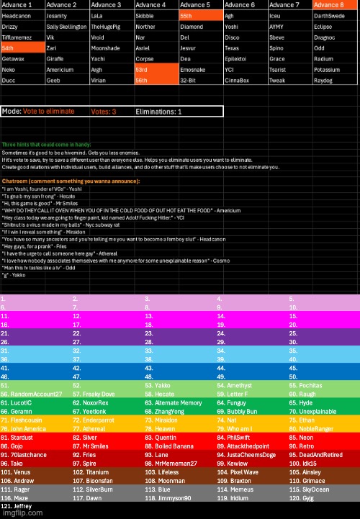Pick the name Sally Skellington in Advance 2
[67, 25]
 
